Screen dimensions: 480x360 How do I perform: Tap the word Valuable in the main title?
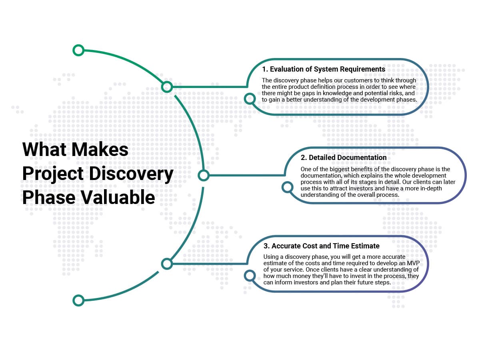(x=118, y=197)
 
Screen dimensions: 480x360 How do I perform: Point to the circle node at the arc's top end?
(x=78, y=50)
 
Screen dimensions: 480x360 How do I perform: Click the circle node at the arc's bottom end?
(x=78, y=300)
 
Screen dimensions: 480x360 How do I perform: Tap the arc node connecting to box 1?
(x=167, y=87)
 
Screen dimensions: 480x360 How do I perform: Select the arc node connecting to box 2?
(x=203, y=175)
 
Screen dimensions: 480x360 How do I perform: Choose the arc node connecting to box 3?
(x=167, y=264)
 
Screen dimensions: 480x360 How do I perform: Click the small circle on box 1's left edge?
(x=250, y=98)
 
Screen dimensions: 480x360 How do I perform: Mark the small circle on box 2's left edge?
(x=287, y=187)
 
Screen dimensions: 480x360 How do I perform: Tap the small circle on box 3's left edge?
(x=250, y=276)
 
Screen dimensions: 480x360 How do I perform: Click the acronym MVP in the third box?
(x=413, y=263)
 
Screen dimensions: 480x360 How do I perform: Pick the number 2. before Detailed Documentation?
(x=304, y=157)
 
